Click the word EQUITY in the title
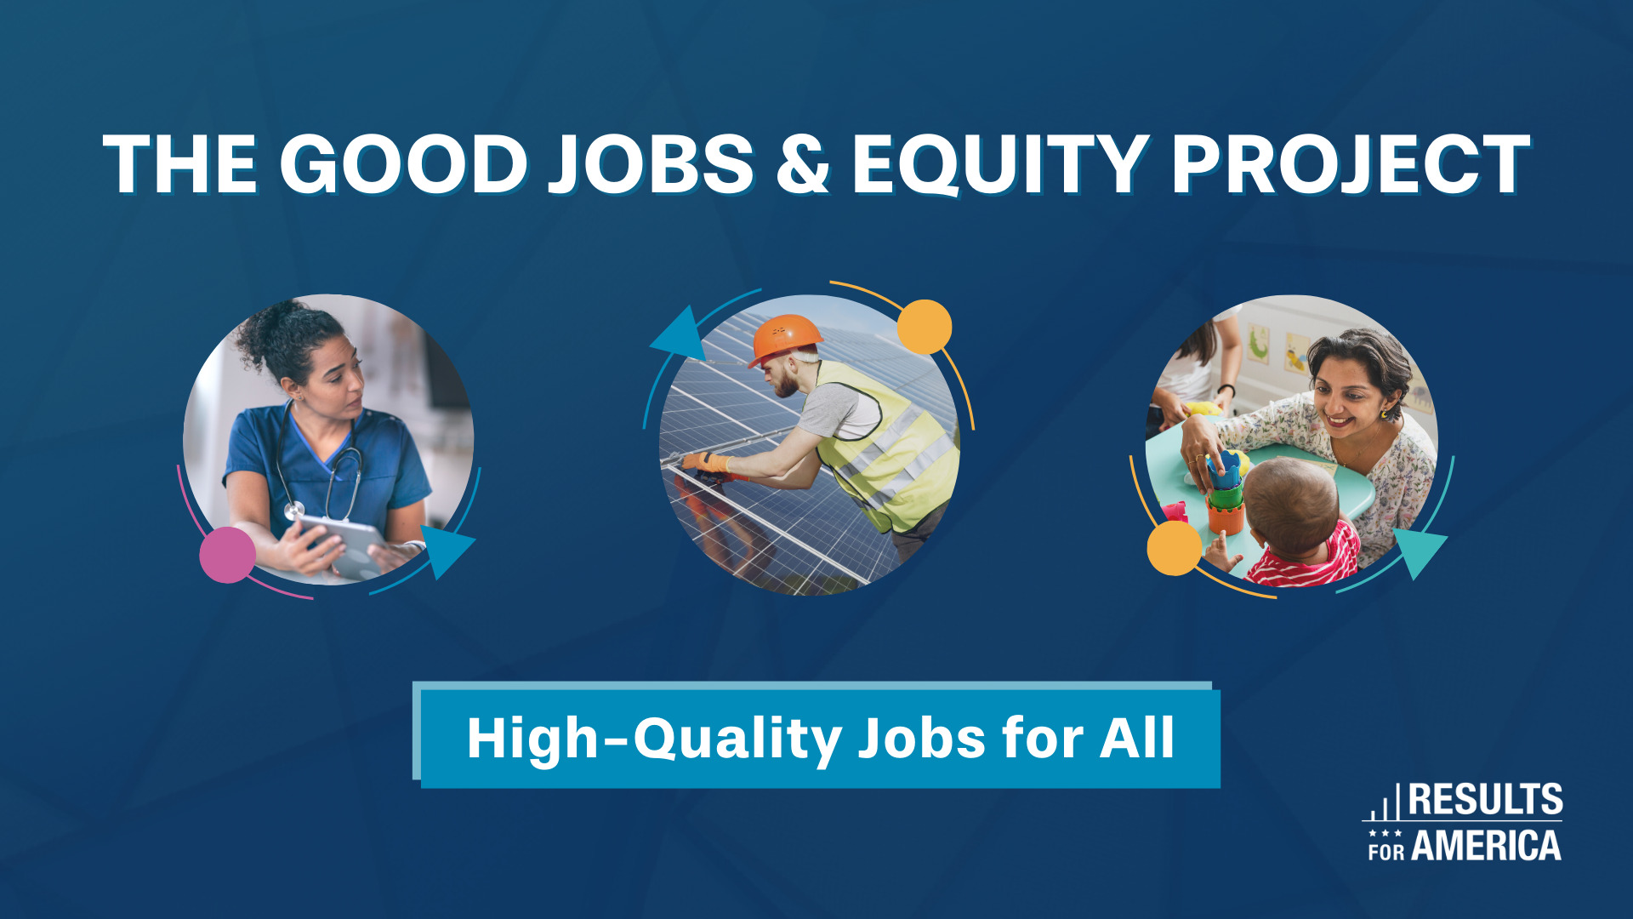1000,165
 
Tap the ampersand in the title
802,165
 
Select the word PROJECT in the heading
1350,165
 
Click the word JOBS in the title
651,165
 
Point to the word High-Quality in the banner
654,739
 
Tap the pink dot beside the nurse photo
227,555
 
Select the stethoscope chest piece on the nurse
294,511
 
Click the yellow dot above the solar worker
925,327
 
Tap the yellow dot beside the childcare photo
1174,548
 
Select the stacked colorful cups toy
1225,494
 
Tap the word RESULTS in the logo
1485,800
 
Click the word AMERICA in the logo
1486,846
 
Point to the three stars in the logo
1385,833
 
